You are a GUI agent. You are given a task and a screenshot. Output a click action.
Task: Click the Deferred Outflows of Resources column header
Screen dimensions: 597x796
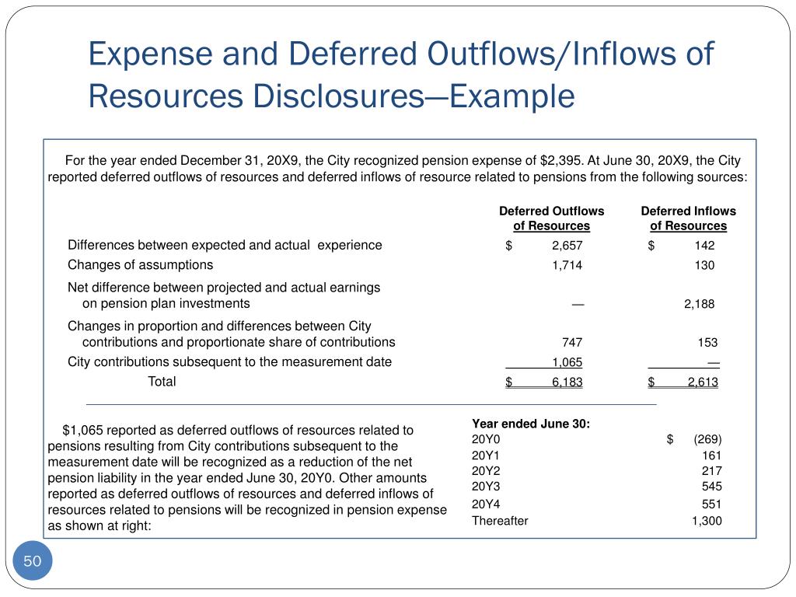(551, 218)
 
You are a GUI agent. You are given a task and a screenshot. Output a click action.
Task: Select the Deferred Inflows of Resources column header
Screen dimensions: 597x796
(688, 218)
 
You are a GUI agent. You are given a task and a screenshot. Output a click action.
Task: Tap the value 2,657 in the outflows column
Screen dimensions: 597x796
(567, 246)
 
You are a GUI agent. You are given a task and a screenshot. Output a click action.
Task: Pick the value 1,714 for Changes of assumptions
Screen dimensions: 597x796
(567, 265)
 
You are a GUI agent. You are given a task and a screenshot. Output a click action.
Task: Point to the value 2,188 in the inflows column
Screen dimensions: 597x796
(699, 304)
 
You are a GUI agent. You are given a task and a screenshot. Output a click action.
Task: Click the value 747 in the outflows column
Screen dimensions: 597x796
(572, 343)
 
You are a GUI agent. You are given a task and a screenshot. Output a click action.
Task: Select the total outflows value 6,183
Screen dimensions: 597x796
(567, 382)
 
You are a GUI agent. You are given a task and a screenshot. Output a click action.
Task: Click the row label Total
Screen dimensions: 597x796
(162, 382)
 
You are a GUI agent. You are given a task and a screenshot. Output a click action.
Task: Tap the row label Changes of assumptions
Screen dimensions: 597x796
(140, 265)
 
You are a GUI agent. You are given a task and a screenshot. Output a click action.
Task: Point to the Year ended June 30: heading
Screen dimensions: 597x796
(531, 424)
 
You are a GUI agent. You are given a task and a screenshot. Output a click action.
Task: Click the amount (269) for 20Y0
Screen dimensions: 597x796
(707, 439)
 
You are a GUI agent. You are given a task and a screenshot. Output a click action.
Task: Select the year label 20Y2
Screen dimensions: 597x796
(487, 470)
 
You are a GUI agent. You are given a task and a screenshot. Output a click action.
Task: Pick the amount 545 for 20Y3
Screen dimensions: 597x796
(711, 486)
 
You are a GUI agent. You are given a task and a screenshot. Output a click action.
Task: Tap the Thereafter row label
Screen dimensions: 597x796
(500, 521)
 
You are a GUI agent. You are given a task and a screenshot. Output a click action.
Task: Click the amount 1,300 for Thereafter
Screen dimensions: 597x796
(707, 521)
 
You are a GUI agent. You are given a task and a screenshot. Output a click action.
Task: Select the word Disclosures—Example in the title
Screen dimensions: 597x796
(413, 97)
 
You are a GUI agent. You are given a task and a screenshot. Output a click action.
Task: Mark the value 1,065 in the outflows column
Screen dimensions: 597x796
(567, 362)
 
